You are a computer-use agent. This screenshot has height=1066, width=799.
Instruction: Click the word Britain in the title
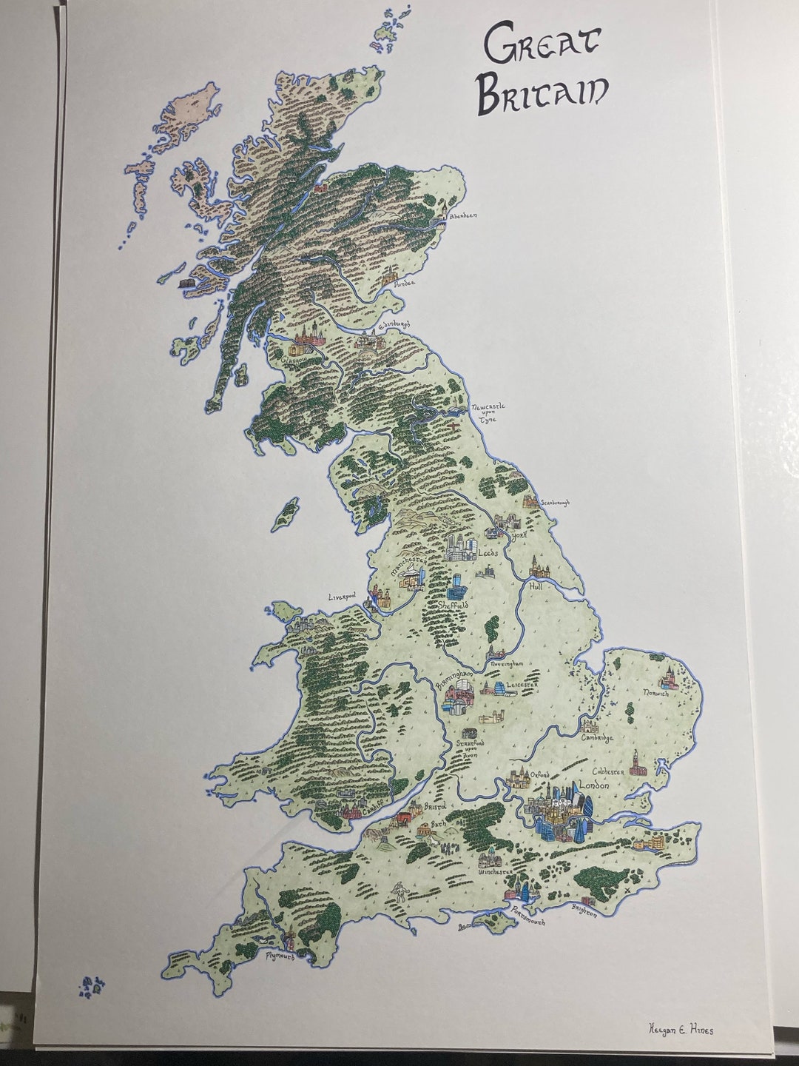click(x=542, y=93)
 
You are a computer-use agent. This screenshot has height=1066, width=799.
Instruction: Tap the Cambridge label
click(x=598, y=737)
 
